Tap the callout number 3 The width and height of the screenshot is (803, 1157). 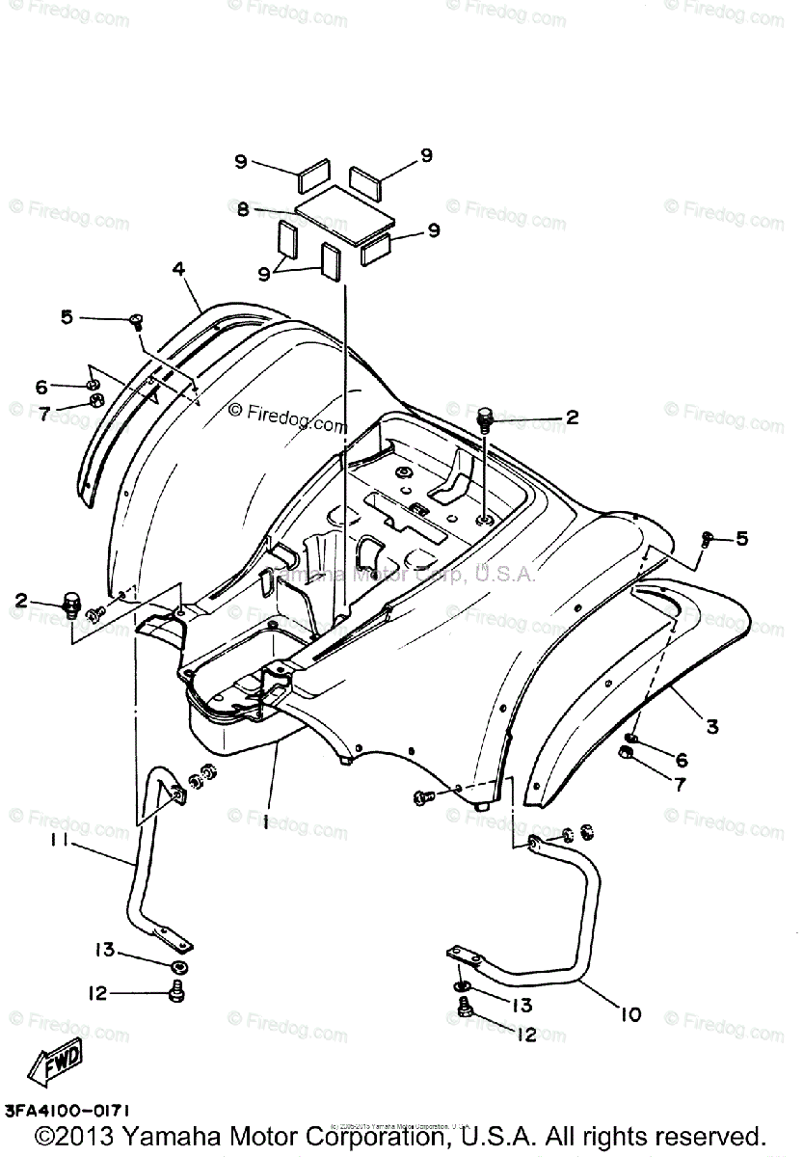point(711,726)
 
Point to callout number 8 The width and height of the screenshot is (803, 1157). point(243,209)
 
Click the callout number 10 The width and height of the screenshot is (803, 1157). point(630,1014)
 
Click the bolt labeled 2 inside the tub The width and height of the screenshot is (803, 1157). point(485,420)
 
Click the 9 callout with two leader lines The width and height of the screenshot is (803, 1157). point(263,274)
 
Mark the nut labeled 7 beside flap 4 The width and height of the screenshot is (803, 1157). point(95,402)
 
